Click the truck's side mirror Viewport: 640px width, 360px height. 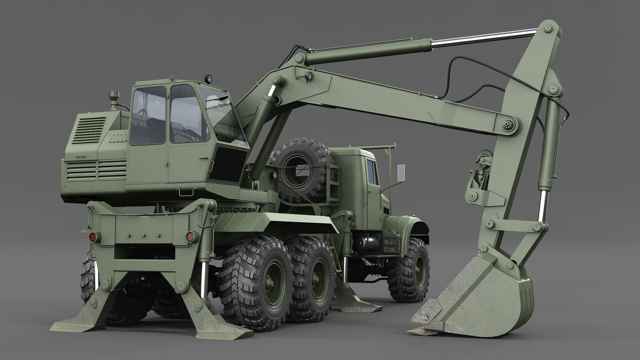pyautogui.click(x=401, y=172)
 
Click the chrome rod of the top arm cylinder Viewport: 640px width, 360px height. pyautogui.click(x=483, y=38)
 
